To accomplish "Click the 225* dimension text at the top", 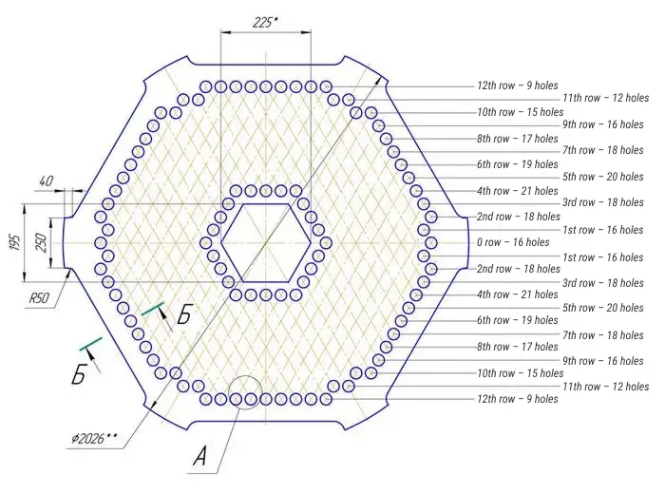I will point(265,22).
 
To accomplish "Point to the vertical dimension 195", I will point(14,242).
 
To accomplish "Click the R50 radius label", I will point(38,298).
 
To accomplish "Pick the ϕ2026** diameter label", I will point(94,438).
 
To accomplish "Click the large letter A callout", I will point(199,457).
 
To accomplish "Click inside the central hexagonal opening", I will point(265,242).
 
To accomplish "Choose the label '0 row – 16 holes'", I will point(513,242).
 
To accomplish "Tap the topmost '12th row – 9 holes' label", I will point(517,85).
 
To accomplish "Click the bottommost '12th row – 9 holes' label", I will point(517,399).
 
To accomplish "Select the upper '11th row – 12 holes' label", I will point(605,98).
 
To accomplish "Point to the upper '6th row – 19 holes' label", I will point(517,164).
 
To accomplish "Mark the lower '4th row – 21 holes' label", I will point(517,294).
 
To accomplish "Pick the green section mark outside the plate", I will point(91,342).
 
